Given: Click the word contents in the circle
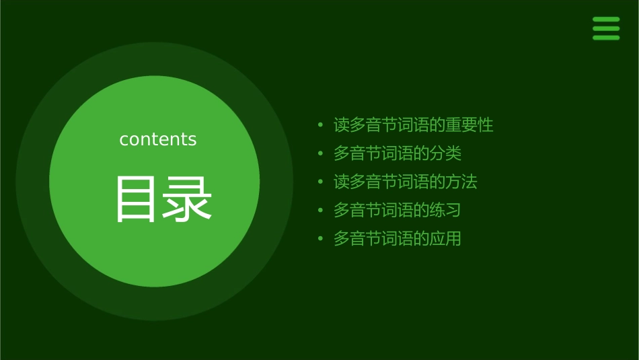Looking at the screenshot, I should (x=158, y=139).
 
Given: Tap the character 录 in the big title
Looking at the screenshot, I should (x=188, y=199).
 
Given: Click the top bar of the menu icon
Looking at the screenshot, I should (x=605, y=20).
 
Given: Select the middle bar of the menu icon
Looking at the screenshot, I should (x=605, y=28).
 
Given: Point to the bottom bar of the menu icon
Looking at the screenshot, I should (x=605, y=37).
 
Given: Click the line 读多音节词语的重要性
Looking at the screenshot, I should (x=413, y=125).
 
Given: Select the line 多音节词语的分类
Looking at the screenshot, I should (x=397, y=153).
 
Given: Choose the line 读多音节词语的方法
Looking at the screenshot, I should (x=405, y=182).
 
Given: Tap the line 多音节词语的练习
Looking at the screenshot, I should (x=397, y=210).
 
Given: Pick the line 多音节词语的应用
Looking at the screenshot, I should (x=397, y=238).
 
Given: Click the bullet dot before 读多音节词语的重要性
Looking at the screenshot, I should (x=321, y=125).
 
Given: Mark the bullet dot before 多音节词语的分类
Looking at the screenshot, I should (x=321, y=153).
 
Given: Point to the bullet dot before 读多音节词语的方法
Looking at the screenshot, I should (x=321, y=182).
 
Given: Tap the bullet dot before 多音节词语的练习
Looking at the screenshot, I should (x=321, y=210).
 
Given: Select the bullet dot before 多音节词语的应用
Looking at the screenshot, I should (x=321, y=238).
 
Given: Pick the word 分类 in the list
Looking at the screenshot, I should (x=445, y=153).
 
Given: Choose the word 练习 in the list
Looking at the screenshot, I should (x=445, y=210).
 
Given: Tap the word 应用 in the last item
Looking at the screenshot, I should (x=445, y=238).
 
